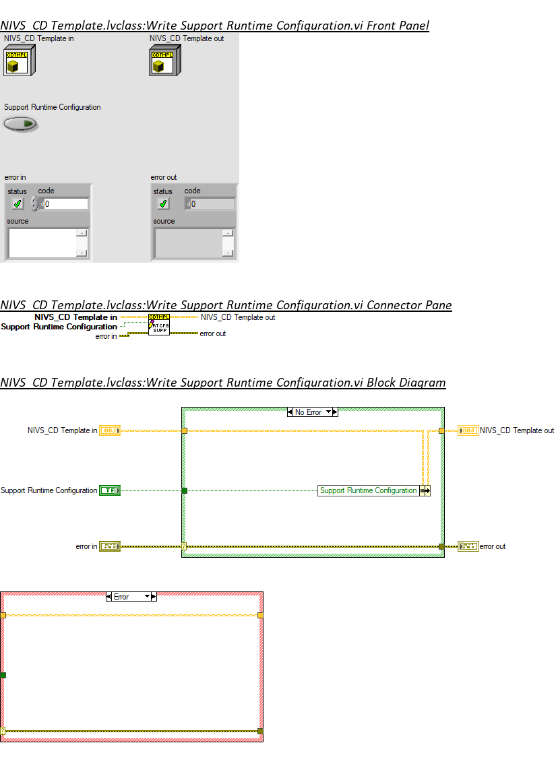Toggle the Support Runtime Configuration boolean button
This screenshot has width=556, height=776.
20,124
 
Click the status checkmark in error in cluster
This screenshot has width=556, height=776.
18,203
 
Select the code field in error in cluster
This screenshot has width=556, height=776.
65,203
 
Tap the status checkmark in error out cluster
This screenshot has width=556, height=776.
163,203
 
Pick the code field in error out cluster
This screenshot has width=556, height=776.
211,203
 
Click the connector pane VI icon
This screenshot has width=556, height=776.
159,325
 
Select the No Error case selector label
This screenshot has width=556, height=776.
309,412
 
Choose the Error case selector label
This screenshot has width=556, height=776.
122,596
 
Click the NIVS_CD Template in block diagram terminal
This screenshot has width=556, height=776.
109,430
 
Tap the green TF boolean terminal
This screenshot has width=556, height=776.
109,490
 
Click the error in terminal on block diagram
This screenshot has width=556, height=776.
109,546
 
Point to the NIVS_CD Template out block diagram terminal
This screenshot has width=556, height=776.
468,430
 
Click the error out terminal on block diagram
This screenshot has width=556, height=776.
468,546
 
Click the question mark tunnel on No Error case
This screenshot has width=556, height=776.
184,546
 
